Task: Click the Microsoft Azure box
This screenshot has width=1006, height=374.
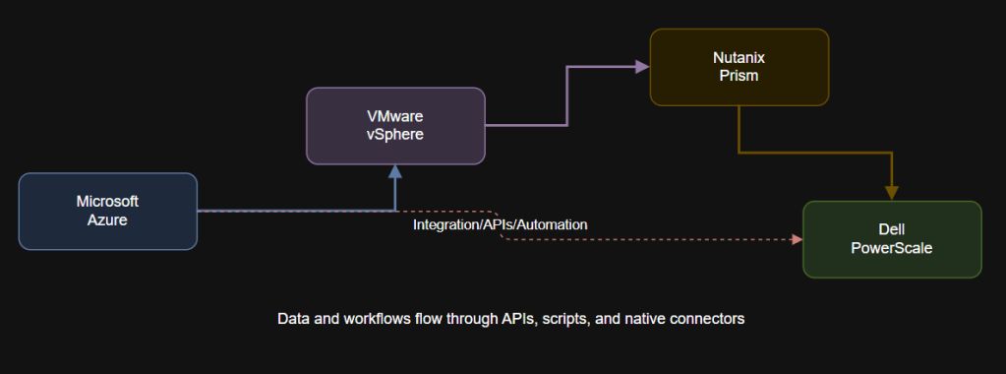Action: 108,211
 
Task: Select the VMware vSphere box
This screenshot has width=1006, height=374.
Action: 395,125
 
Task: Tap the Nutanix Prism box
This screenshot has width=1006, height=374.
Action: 739,67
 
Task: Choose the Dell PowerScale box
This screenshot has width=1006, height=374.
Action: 892,239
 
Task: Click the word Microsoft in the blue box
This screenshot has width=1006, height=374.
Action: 108,201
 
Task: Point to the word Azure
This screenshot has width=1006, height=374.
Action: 108,219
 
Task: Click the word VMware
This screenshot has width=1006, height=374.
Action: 395,116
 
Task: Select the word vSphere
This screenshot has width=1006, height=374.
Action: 395,135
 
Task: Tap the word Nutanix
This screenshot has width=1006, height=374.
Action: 739,58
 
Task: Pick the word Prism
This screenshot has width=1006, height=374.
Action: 739,77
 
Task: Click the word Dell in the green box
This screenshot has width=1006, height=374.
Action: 892,230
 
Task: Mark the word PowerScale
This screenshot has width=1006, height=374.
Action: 892,249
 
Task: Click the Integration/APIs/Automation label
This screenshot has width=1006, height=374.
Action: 501,224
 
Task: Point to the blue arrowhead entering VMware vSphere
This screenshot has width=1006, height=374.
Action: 395,172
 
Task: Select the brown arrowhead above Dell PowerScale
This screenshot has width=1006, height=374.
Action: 892,192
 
